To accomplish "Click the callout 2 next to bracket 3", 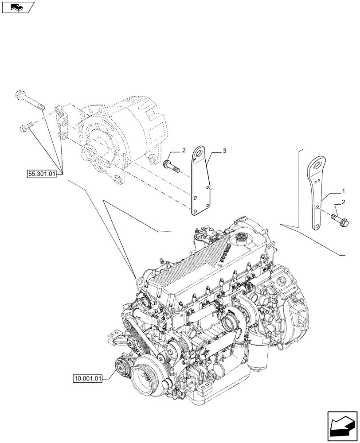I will pyautogui.click(x=183, y=152).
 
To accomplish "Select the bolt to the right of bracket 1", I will pyautogui.click(x=339, y=219).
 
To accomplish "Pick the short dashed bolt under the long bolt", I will pyautogui.click(x=27, y=128).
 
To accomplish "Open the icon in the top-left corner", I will pyautogui.click(x=17, y=7).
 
